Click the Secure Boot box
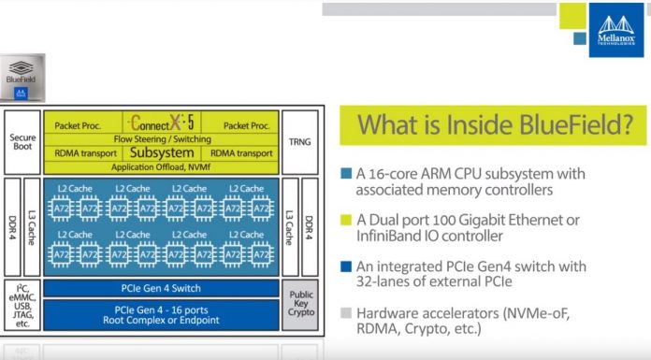[x=22, y=141]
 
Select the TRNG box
[x=297, y=141]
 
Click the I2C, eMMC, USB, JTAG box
[x=22, y=304]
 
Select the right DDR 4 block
[x=310, y=226]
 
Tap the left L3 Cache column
[x=32, y=226]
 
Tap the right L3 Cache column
[x=290, y=226]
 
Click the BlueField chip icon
[x=22, y=76]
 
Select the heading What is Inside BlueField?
[x=491, y=125]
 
